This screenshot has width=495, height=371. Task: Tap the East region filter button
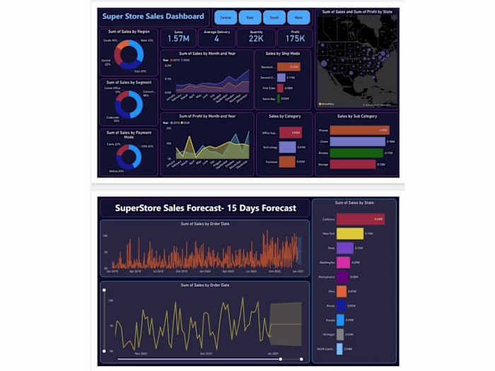pos(250,17)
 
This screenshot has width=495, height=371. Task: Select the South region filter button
pos(274,17)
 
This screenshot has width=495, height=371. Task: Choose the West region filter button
pos(298,17)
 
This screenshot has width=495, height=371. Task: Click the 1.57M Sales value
pos(177,40)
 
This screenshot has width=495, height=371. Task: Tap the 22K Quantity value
pos(256,40)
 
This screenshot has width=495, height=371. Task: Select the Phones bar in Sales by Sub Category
pos(359,130)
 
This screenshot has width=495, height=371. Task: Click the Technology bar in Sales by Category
pos(287,147)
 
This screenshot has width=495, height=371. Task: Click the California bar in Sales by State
pos(360,219)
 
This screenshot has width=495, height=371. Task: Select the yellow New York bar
pos(349,233)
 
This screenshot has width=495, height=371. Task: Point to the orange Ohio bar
pos(341,291)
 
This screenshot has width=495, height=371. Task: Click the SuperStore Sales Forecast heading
pos(205,208)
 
